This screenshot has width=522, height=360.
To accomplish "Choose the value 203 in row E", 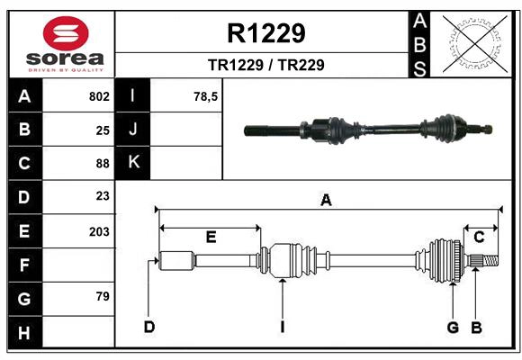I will pos(99,231).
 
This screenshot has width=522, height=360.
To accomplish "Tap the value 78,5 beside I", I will pos(206,96).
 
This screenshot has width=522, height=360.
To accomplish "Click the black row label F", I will pos(24,265).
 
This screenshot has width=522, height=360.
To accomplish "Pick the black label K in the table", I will pos(134,163).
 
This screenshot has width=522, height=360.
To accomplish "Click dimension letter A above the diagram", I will pos(326,201).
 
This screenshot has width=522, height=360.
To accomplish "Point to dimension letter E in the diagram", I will pos(211,237).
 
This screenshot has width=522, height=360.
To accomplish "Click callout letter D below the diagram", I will pos(148,327).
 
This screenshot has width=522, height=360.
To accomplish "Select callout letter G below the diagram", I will pos(454,327).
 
